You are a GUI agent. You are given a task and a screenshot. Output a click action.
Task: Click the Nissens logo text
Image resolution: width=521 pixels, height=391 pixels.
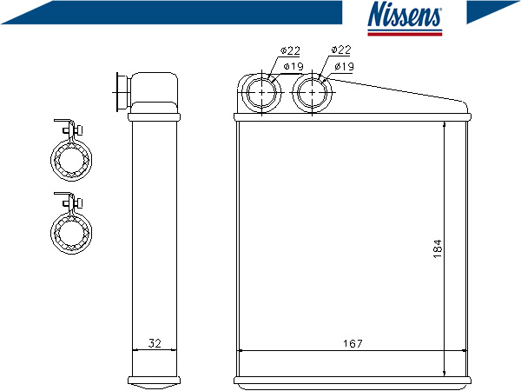click(x=405, y=14)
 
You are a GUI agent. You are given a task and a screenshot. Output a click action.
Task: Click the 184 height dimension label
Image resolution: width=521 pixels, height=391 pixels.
click(x=438, y=249)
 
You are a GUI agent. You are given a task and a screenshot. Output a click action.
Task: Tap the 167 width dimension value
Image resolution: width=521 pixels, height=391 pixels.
click(x=353, y=343)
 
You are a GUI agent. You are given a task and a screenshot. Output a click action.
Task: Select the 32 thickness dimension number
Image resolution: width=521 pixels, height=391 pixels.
click(x=155, y=343)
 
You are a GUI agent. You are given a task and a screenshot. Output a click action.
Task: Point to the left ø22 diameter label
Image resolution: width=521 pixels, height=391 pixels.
click(x=290, y=50)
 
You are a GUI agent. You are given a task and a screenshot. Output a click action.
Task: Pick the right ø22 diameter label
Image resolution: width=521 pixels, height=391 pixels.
click(x=341, y=50)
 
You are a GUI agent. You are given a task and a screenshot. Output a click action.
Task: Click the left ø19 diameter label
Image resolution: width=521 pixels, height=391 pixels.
click(x=293, y=67)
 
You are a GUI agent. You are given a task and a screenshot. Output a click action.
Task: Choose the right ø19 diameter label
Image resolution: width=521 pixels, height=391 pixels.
click(x=344, y=66)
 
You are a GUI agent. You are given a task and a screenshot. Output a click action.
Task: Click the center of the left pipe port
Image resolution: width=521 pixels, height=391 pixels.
click(x=262, y=92)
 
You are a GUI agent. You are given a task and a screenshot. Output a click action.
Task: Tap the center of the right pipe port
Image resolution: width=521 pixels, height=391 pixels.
click(x=312, y=92)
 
